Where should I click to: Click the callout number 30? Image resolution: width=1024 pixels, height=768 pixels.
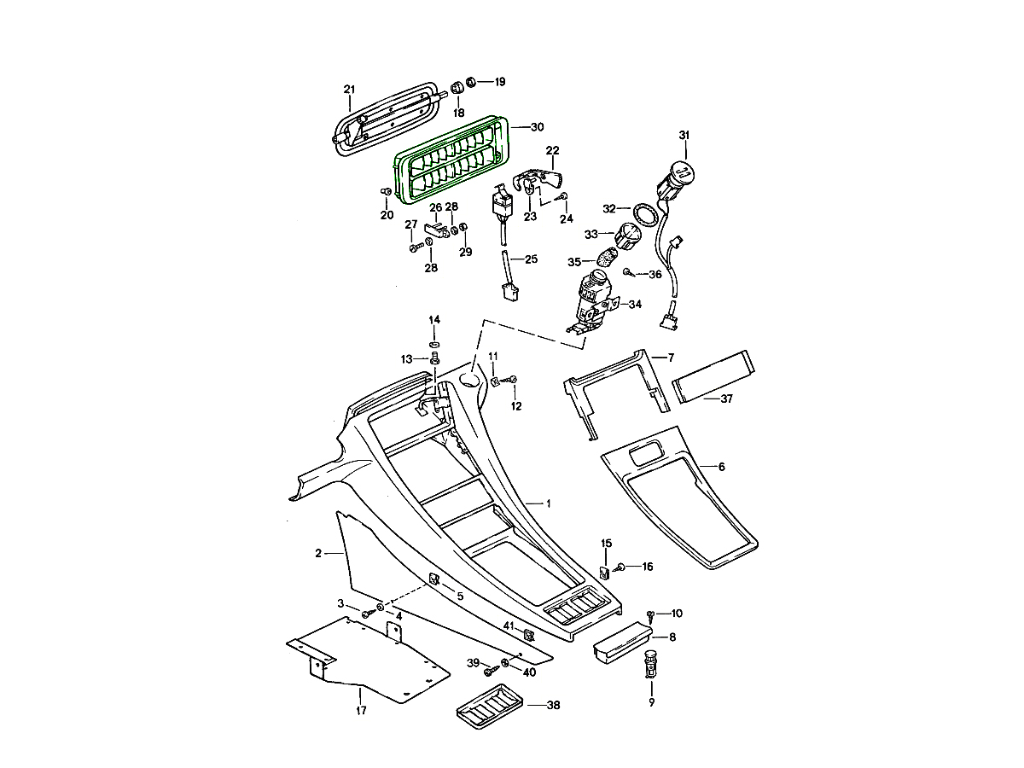coord(537,127)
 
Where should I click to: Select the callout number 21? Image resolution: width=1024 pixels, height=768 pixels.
coord(349,90)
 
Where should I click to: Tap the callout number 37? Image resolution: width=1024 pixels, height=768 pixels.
coord(727,399)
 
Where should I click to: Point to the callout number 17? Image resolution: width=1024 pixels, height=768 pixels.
coord(361,710)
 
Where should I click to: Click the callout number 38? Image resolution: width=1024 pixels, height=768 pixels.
coord(554,706)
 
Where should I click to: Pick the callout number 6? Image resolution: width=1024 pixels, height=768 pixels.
coord(722,467)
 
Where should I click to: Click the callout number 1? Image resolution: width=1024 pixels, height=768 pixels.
coord(548,503)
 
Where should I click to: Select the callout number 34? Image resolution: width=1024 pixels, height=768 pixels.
coord(635,303)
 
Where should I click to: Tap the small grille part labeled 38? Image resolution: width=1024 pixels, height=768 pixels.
coord(486,705)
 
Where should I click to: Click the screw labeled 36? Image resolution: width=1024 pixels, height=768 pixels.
coord(627,273)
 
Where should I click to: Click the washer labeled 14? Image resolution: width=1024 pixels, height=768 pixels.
coord(434,343)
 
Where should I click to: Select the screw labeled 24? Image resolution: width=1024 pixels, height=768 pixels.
coord(563,198)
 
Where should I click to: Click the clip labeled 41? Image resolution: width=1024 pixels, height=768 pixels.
coord(528,634)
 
